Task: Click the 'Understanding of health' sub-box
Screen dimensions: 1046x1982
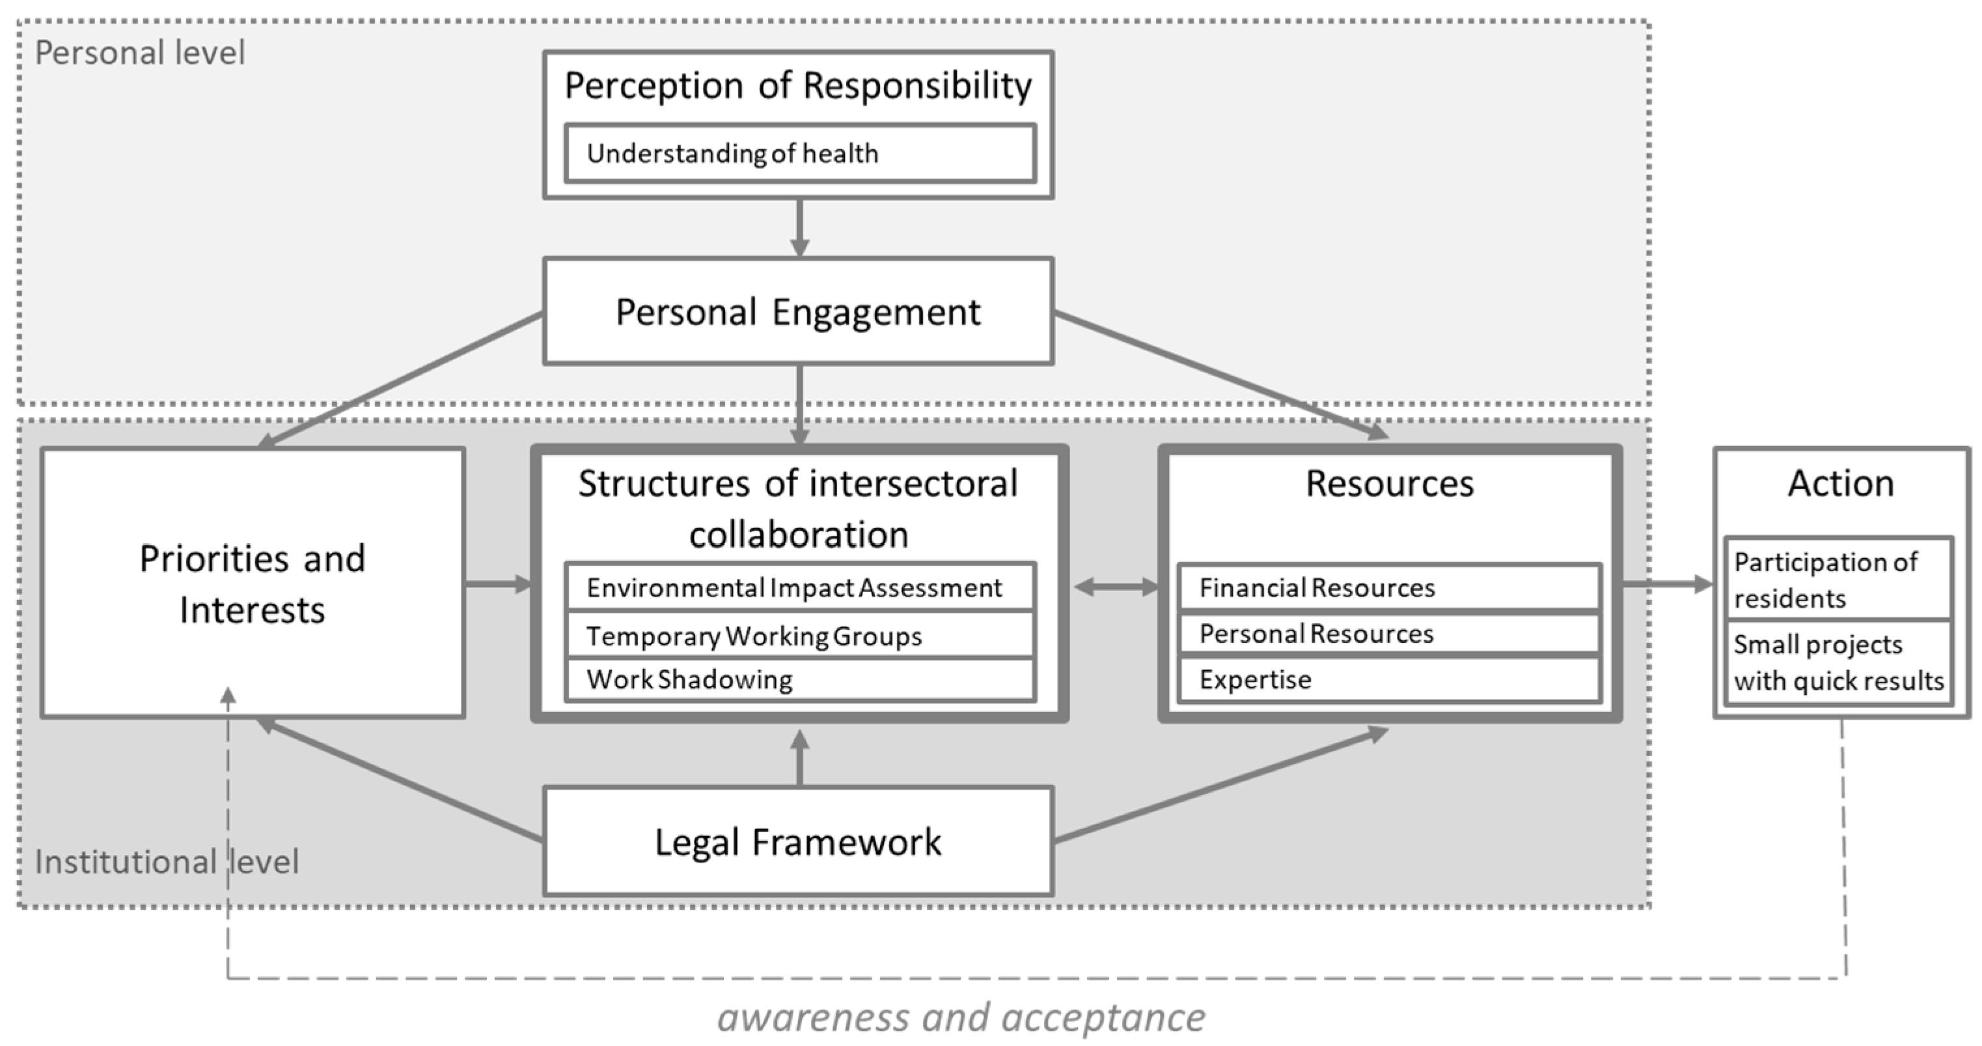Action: pos(799,153)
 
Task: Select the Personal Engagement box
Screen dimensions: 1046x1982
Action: pos(798,312)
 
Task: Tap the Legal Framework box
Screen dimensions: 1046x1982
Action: pos(798,841)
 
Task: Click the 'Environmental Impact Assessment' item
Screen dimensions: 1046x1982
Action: pos(799,588)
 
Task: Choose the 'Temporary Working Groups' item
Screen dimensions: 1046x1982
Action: pos(799,636)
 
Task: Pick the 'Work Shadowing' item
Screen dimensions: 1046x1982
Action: pos(799,679)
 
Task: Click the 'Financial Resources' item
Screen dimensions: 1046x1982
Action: pos(1389,588)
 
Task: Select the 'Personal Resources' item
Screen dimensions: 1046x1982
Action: pos(1389,634)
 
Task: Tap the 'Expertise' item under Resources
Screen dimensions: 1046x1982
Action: pos(1389,679)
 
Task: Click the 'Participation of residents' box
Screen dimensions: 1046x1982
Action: pos(1838,580)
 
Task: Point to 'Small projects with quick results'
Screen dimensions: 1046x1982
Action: pos(1838,662)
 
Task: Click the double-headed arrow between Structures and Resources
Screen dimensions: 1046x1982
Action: pos(1116,588)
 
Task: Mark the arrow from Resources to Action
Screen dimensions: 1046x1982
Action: pos(1666,584)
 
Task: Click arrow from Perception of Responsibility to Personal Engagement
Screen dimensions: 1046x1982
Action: pos(799,228)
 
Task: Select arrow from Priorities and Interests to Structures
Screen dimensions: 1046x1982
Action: pos(499,584)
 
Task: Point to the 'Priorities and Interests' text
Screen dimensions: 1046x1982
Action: pos(253,584)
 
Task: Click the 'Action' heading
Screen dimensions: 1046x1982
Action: pos(1841,483)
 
